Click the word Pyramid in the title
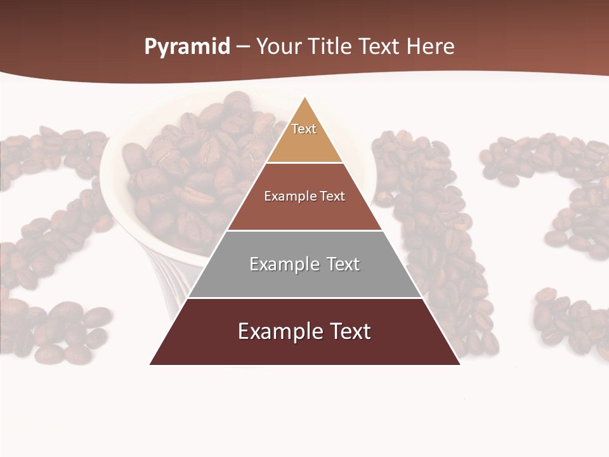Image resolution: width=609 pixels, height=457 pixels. tap(187, 47)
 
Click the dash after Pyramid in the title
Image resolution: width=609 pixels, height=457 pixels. tap(243, 48)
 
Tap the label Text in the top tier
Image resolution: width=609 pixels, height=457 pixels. tap(304, 129)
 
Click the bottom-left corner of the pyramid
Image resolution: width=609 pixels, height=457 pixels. tap(150, 364)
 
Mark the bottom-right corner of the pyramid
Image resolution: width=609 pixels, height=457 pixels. tap(460, 364)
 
